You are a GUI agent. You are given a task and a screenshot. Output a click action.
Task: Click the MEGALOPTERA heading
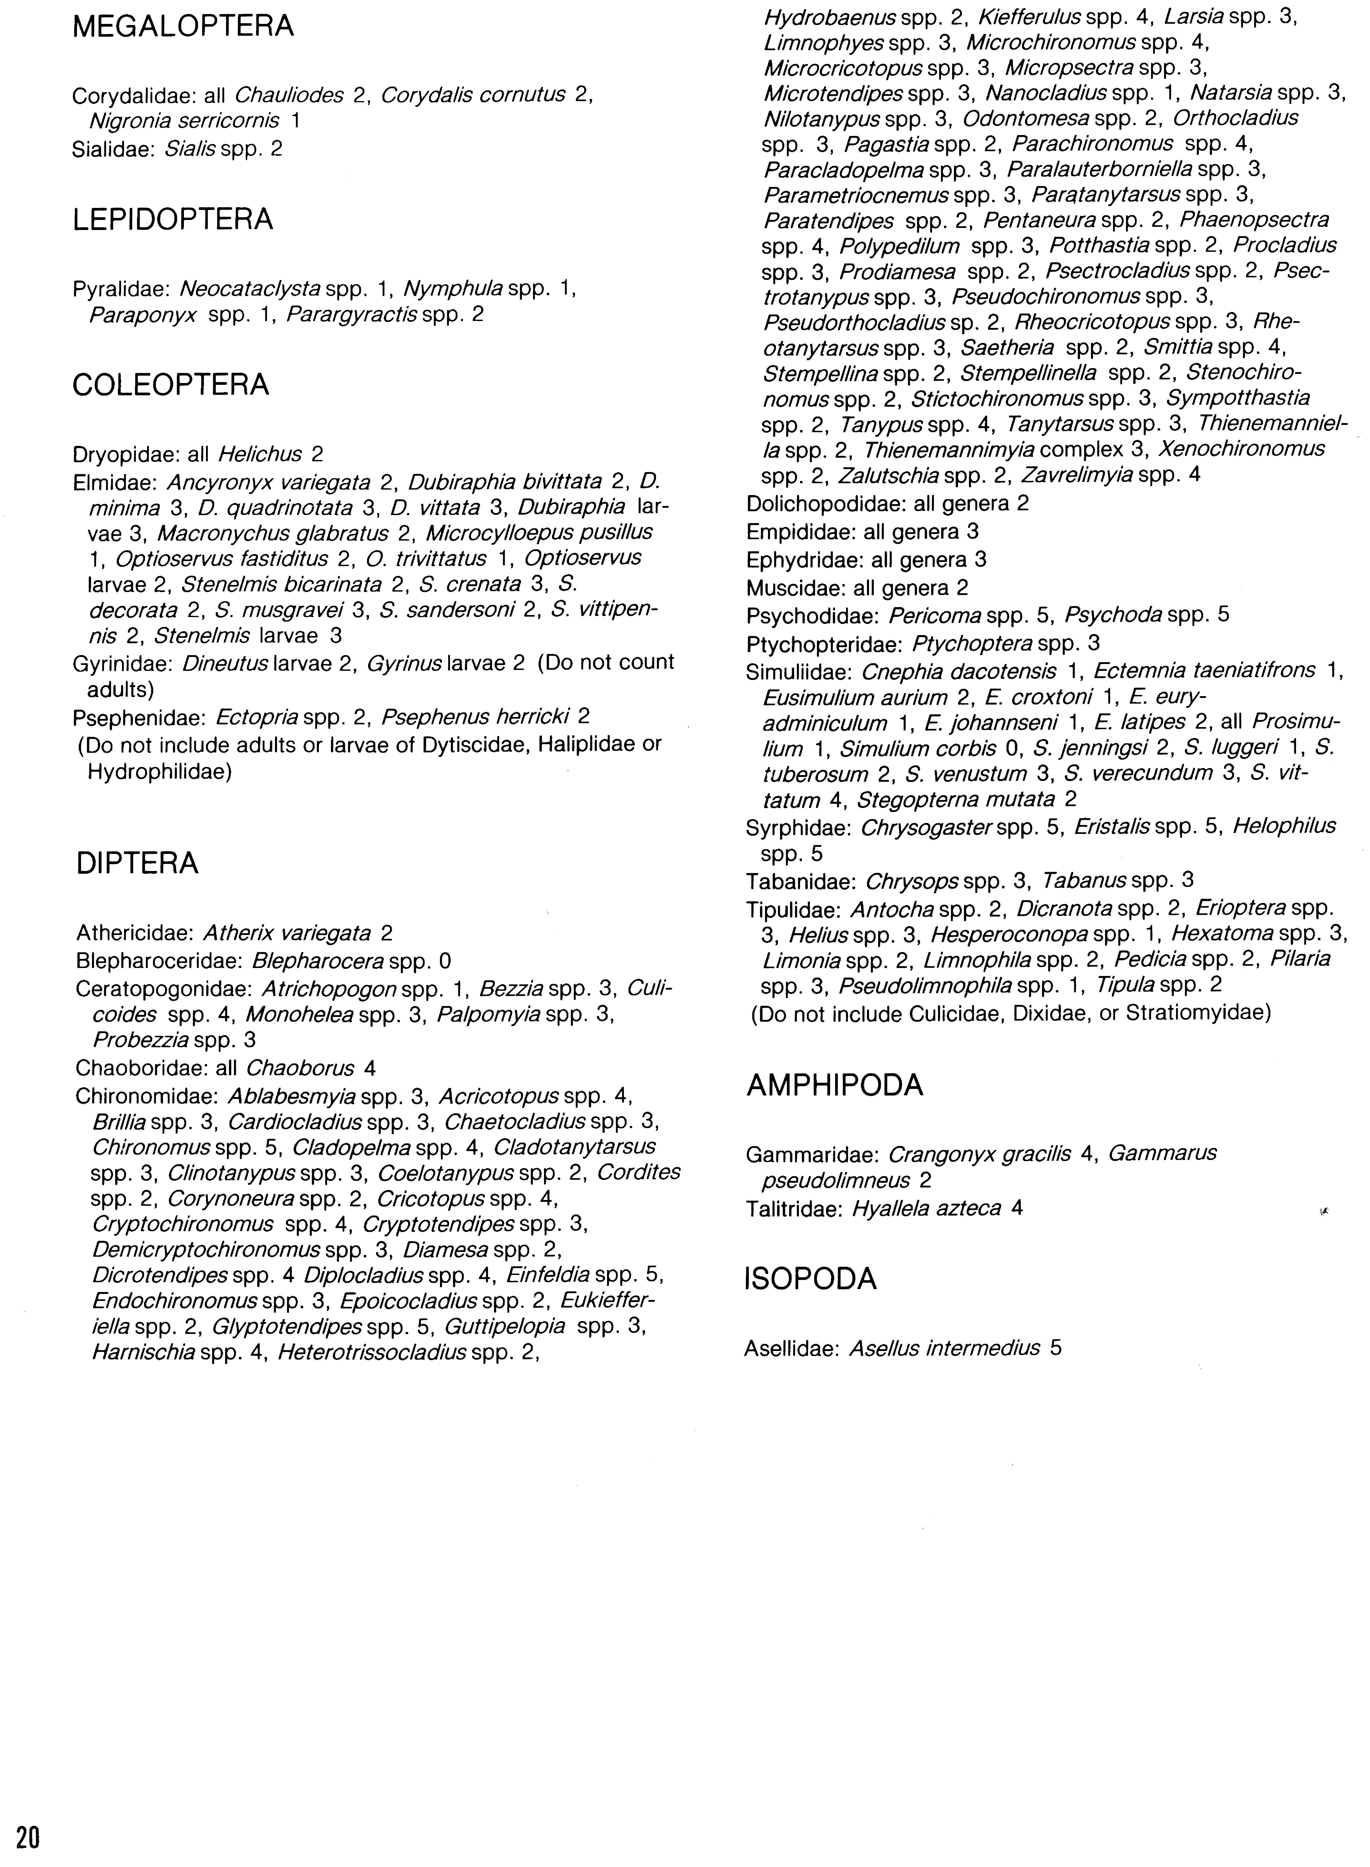(183, 27)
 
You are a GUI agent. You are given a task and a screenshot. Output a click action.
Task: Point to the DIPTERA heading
(138, 863)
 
